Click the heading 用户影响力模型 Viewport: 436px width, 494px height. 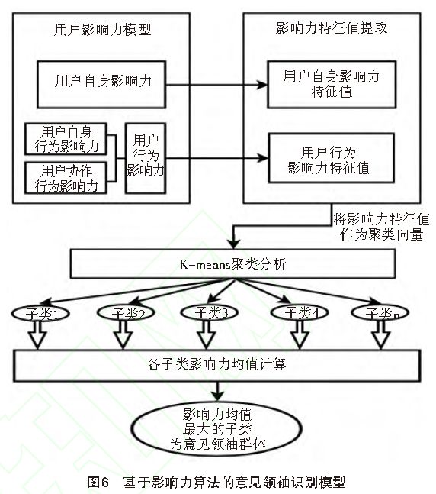(x=104, y=31)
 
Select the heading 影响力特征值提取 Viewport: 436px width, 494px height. (x=331, y=29)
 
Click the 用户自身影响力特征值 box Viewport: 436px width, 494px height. (x=331, y=85)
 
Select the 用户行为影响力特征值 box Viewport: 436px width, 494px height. (x=331, y=158)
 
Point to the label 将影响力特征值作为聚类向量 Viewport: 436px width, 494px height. (x=381, y=228)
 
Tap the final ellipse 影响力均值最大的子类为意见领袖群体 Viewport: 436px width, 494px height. (x=222, y=429)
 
